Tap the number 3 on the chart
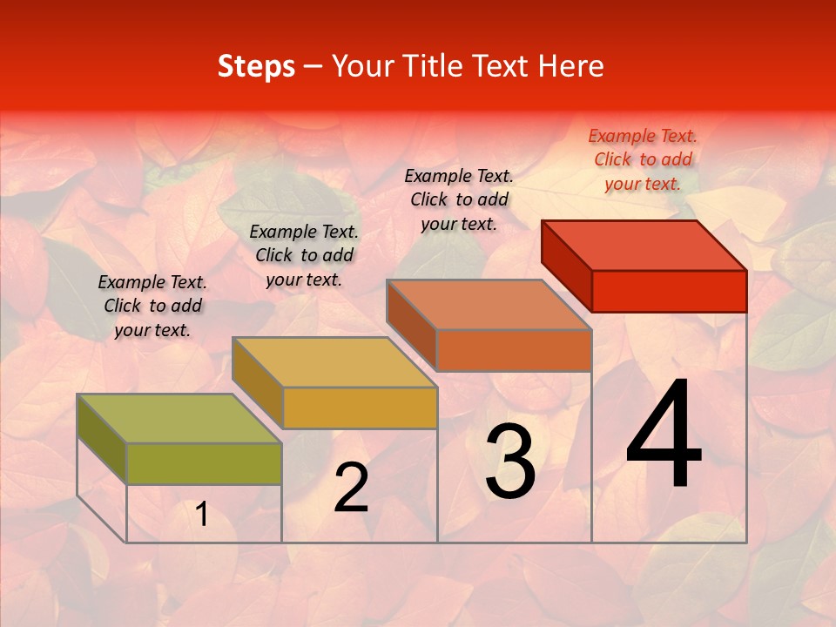coord(510,462)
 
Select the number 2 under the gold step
coord(351,488)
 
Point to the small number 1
coord(202,515)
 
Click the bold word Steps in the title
coord(256,66)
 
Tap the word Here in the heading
coord(571,66)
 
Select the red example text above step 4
coord(643,160)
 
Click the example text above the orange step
coord(459,200)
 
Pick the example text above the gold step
coord(304,256)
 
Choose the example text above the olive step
coord(152,307)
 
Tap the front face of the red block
coord(669,291)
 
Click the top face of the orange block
coord(488,305)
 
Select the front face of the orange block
coord(514,350)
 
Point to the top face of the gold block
coord(334,362)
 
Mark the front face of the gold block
coord(360,408)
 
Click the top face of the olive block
coord(179,419)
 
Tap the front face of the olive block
coord(204,463)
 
